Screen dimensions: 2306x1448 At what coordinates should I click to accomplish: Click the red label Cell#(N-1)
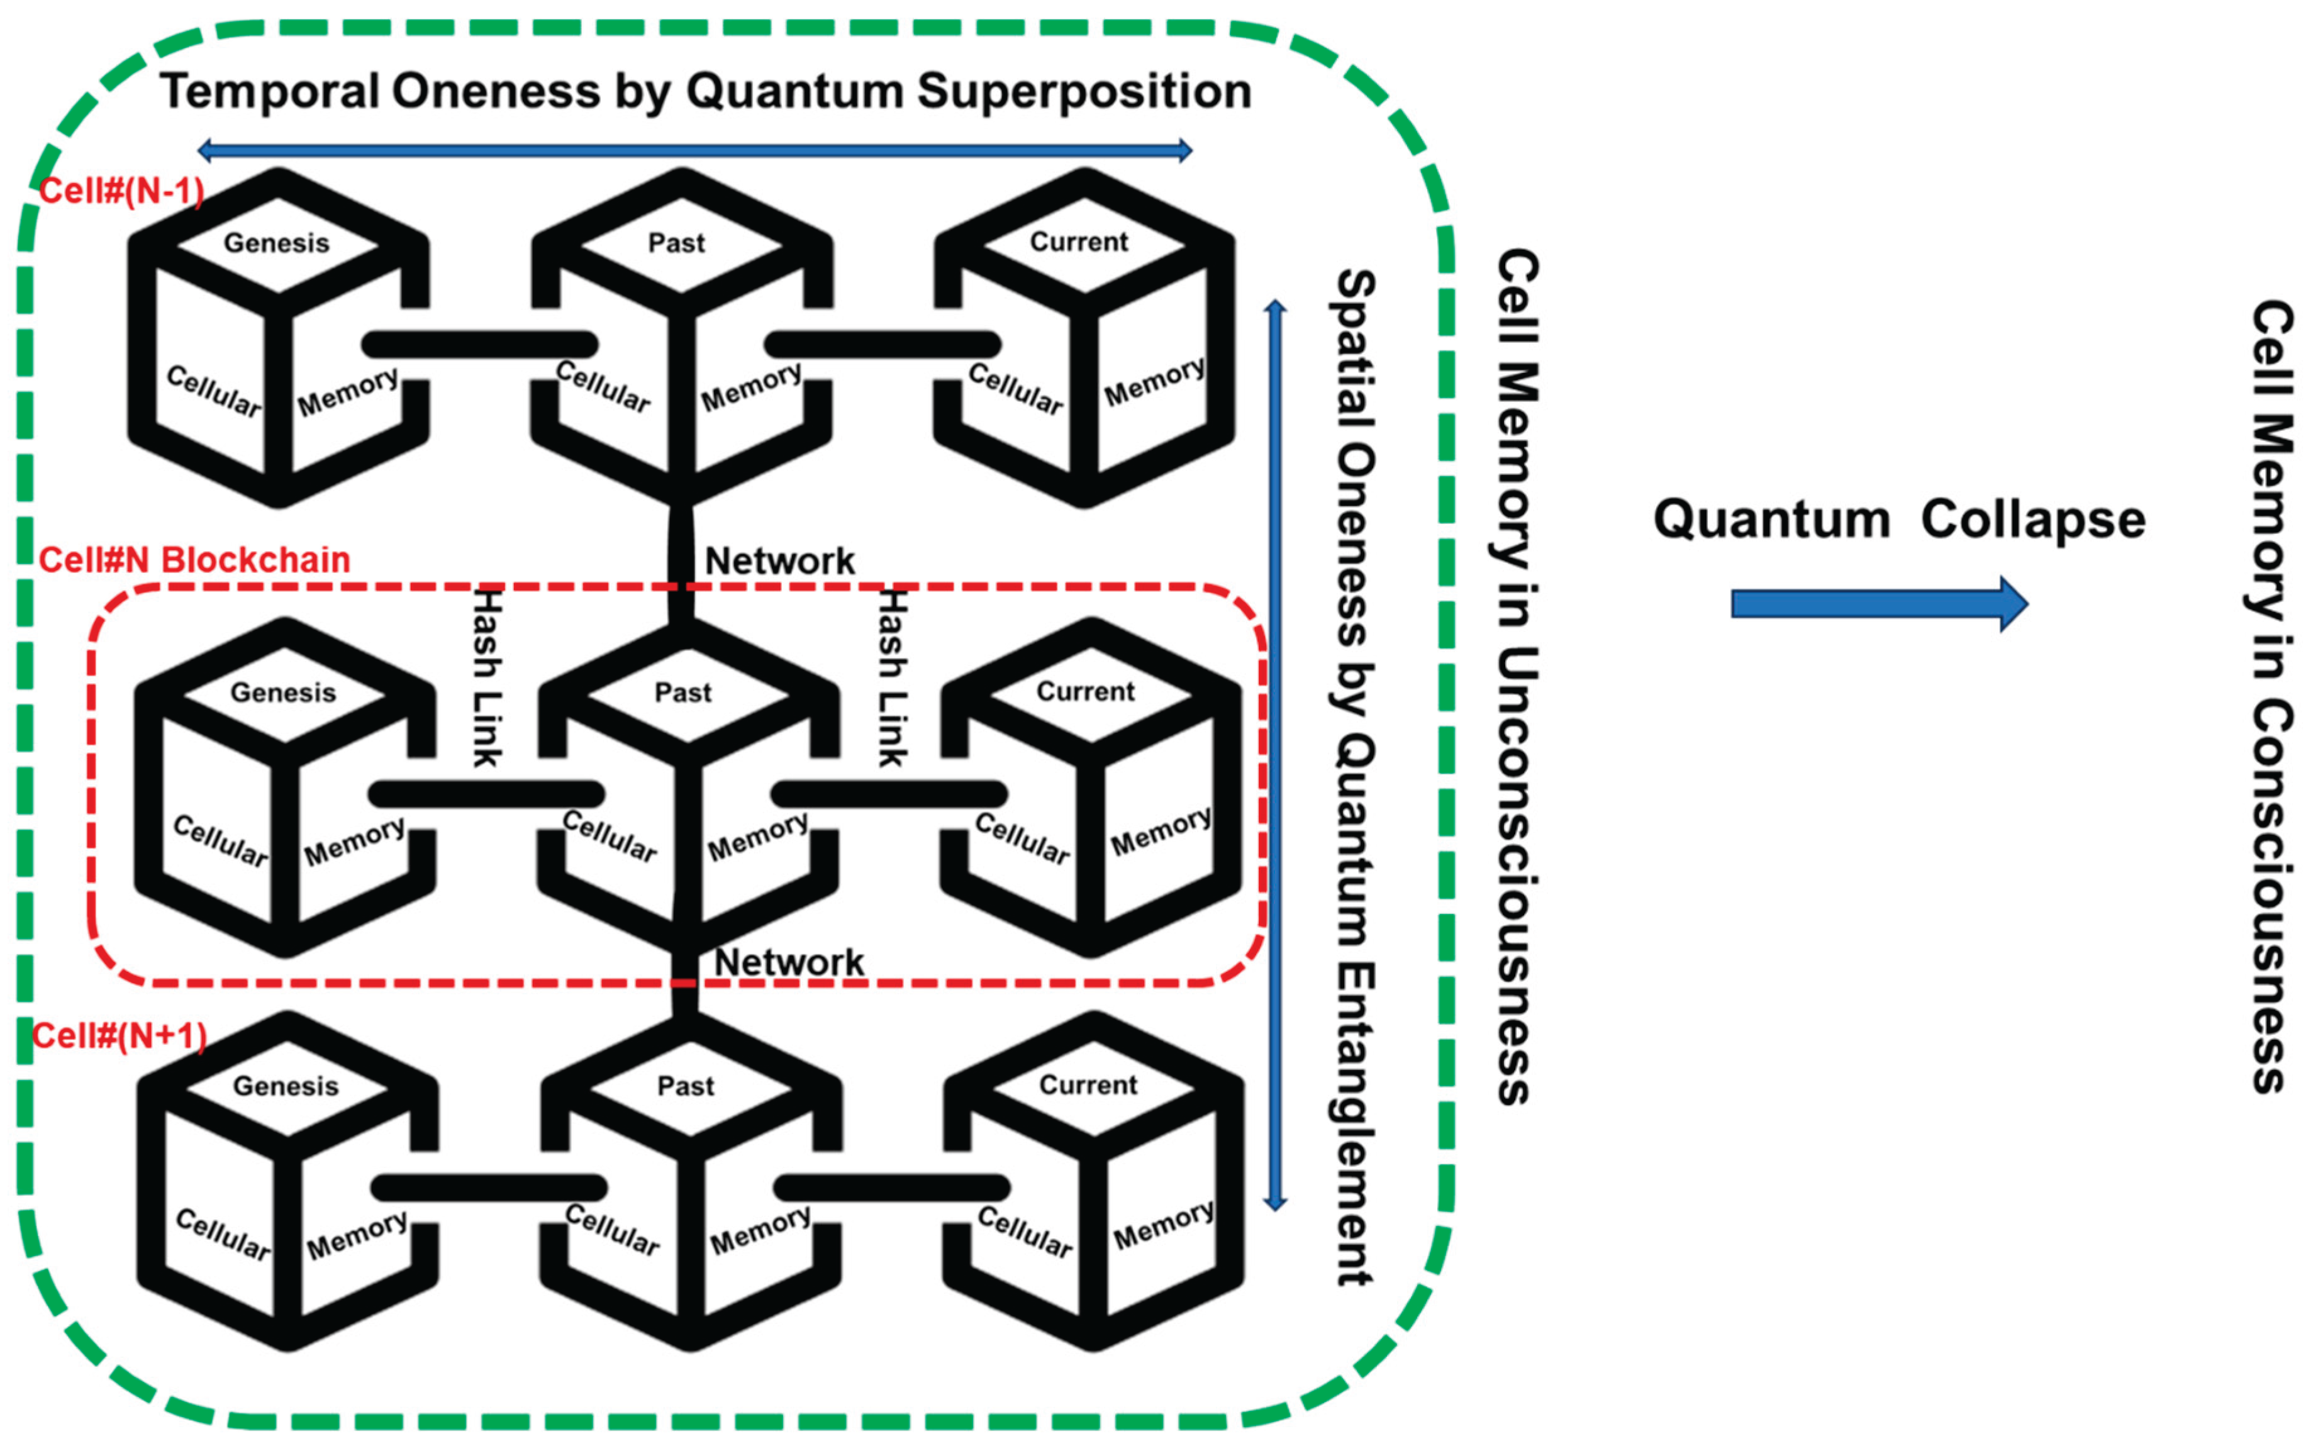click(x=121, y=191)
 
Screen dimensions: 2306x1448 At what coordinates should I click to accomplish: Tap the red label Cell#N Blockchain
click(x=194, y=560)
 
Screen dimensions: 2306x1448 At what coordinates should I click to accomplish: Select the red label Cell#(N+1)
click(x=120, y=1036)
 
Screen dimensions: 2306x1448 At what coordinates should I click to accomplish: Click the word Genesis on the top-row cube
click(x=277, y=243)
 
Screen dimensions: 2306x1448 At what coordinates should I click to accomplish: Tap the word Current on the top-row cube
click(x=1079, y=242)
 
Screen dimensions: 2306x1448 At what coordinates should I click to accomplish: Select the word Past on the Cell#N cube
click(x=682, y=693)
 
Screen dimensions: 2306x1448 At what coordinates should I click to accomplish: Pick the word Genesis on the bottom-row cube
click(x=286, y=1086)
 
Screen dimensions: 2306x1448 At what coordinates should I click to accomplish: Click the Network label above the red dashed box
click(x=779, y=561)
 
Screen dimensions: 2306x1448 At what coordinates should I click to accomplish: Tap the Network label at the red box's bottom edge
click(x=789, y=962)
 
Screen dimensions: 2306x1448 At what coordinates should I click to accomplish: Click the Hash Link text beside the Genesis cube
click(x=488, y=678)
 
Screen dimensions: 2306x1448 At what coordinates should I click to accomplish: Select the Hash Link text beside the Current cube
click(x=893, y=678)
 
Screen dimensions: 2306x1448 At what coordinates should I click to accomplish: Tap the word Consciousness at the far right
click(x=2271, y=896)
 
